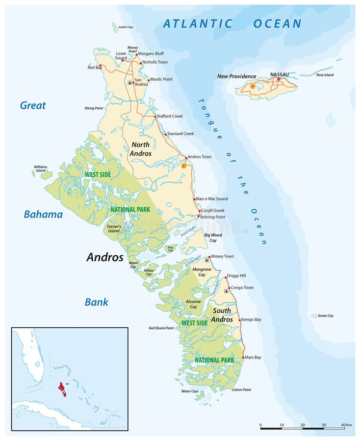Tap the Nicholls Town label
pos(155,63)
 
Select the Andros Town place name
pos(200,157)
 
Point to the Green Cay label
pos(326,316)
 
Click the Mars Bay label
pos(253,357)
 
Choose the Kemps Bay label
pos(252,319)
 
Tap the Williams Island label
pos(41,168)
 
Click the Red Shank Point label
pos(161,328)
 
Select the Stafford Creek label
pos(170,116)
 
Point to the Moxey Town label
pos(223,256)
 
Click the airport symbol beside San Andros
pos(129,82)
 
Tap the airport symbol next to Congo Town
pos(226,291)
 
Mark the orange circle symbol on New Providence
pos(253,86)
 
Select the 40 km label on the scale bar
pos(346,424)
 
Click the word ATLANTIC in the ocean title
pos(198,24)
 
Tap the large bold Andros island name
pos(105,257)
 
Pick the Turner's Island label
pos(114,228)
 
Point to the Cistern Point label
pos(241,390)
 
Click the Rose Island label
pos(325,75)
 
